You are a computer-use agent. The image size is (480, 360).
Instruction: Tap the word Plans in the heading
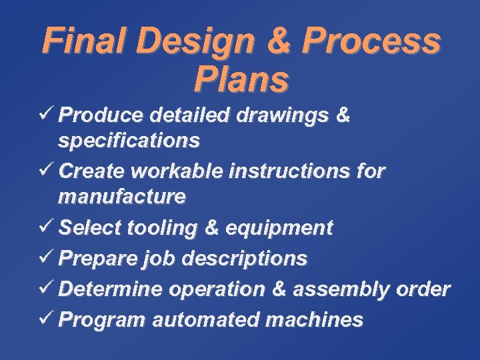[241, 79]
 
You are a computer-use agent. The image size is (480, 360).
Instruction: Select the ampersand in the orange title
[277, 41]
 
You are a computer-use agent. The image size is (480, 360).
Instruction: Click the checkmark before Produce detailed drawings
[47, 115]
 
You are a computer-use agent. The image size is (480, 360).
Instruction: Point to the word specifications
[129, 141]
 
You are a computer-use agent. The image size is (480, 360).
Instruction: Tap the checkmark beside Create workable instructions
[47, 171]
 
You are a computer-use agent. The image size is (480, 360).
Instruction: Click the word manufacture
[122, 197]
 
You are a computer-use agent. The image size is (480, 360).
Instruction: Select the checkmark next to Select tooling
[47, 228]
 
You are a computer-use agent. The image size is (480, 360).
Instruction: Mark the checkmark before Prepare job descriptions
[47, 258]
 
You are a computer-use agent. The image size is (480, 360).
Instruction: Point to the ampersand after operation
[279, 289]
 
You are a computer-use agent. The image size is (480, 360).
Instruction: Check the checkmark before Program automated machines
[47, 319]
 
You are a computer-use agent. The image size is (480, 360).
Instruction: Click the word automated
[206, 320]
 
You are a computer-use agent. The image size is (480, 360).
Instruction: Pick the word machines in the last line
[315, 320]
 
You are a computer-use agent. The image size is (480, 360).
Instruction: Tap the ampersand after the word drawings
[343, 115]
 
